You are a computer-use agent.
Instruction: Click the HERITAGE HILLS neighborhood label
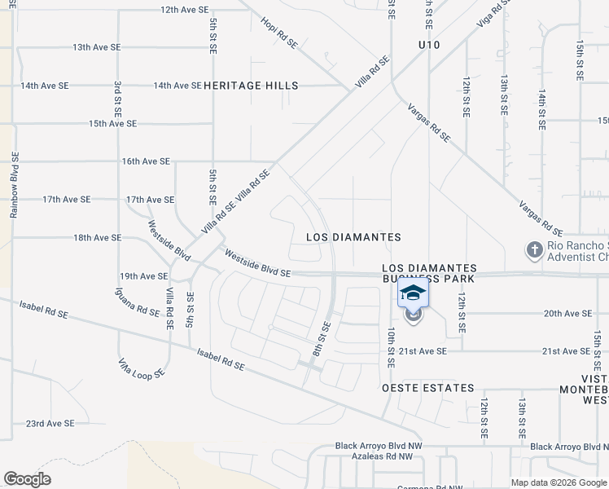coord(251,86)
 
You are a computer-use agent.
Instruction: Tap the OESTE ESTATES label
coord(427,388)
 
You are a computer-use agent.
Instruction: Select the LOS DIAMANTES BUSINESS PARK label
coord(429,274)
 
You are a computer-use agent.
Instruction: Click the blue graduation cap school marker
coord(413,293)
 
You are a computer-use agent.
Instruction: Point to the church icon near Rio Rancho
coord(534,249)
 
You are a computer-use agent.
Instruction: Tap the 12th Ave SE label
coord(185,10)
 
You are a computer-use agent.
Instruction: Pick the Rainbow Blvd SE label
coord(14,184)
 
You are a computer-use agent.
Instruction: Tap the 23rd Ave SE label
coord(50,424)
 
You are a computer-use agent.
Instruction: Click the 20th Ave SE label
coord(567,313)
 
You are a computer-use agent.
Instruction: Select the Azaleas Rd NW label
coord(374,458)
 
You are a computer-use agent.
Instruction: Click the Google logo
coord(27,478)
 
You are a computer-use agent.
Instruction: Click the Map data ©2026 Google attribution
coord(559,482)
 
